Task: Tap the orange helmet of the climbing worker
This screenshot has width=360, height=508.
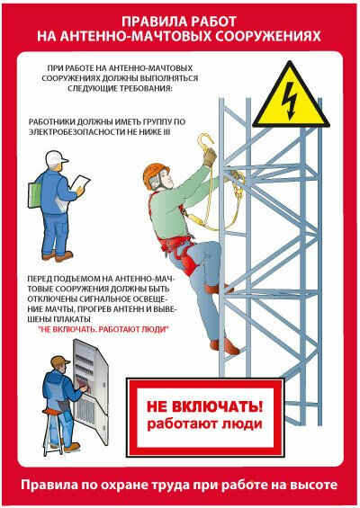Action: (158, 172)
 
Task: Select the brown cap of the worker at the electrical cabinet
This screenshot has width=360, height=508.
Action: (61, 362)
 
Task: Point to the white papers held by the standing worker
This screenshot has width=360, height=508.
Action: (80, 183)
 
